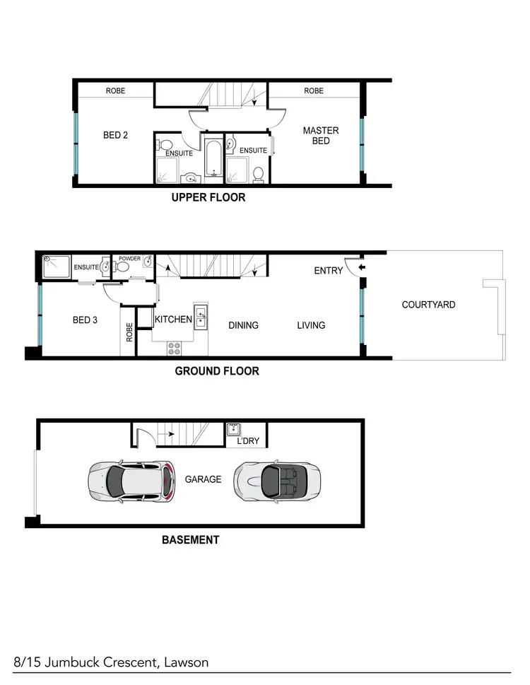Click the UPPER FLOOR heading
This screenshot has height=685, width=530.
click(x=208, y=198)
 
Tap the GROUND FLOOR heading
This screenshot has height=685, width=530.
click(x=217, y=370)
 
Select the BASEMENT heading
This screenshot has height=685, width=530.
click(x=191, y=540)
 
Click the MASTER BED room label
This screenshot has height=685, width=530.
click(x=321, y=136)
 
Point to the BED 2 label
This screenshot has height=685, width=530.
click(x=115, y=135)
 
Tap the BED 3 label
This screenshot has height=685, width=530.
click(x=85, y=320)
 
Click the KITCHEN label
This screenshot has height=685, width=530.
click(x=174, y=320)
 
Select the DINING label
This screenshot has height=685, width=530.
click(x=243, y=325)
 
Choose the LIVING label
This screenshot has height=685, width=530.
click(x=311, y=325)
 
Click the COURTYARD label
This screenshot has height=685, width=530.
click(x=428, y=305)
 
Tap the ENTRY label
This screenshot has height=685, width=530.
click(x=328, y=271)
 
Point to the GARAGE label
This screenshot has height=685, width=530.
click(x=204, y=479)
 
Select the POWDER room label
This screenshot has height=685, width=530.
click(x=129, y=259)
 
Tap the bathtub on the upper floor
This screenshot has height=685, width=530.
click(x=213, y=160)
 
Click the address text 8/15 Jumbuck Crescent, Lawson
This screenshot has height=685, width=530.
click(x=110, y=662)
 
